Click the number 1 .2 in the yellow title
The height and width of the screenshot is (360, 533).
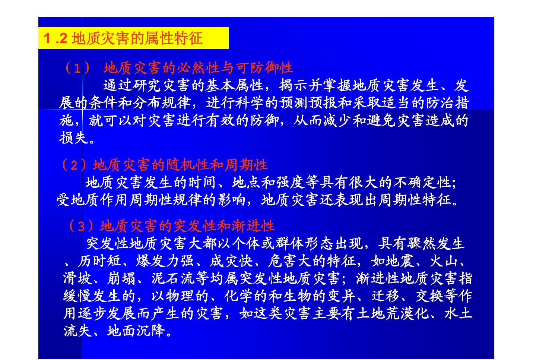click(x=55, y=38)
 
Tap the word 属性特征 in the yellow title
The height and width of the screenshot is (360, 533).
click(x=174, y=38)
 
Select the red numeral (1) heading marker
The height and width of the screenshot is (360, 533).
click(x=77, y=68)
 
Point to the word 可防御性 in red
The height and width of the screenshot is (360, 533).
click(x=264, y=68)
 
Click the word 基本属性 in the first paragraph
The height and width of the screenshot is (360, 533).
click(x=235, y=85)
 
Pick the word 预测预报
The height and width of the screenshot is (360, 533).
click(x=308, y=103)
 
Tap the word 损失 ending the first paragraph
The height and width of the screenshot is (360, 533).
click(x=74, y=138)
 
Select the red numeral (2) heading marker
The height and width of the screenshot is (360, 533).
click(x=74, y=165)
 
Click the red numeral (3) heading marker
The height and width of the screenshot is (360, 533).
click(x=81, y=226)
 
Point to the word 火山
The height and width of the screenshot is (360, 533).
click(x=444, y=261)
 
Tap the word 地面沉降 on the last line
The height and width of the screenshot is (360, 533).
click(x=136, y=331)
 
